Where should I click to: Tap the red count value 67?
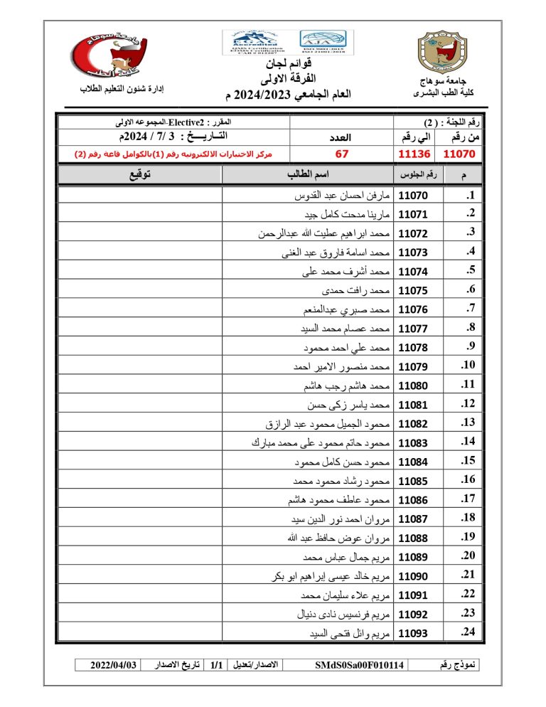(x=341, y=153)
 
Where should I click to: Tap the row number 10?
(x=467, y=366)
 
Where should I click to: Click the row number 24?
(x=467, y=632)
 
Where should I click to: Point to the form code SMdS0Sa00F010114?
(x=360, y=665)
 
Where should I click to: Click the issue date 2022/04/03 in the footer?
(x=113, y=665)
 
